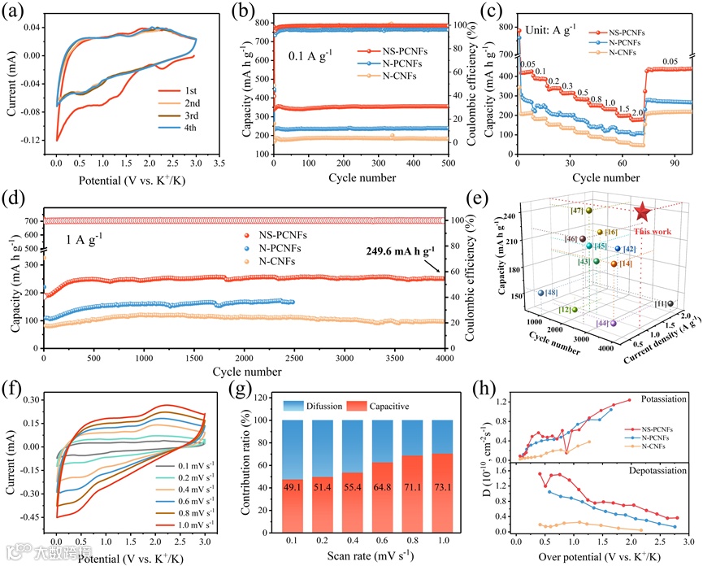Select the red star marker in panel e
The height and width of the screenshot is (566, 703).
click(x=642, y=212)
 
